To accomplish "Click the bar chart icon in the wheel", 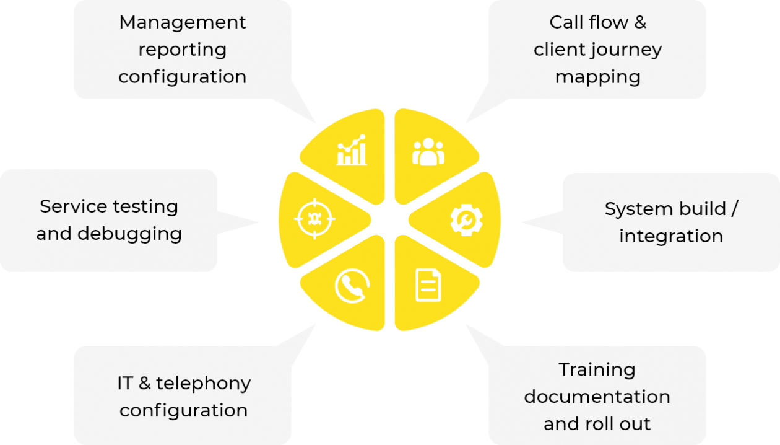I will (352, 151).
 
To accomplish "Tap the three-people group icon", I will (428, 151).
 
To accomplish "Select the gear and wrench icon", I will (466, 219).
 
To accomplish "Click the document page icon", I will (428, 285).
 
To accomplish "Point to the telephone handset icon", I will (352, 286).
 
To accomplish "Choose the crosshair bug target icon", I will (314, 219).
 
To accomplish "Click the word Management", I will (183, 22).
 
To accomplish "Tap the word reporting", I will (183, 50).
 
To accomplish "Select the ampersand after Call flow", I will (639, 22).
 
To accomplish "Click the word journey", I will (631, 50).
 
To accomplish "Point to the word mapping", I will (597, 77).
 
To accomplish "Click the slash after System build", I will (734, 209).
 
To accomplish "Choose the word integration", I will (671, 236).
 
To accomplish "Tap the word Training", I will (597, 370).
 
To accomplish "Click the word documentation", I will (597, 397).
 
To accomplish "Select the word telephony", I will (204, 383).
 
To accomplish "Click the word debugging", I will (129, 234).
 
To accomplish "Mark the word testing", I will (145, 206).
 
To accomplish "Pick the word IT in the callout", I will (125, 383).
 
